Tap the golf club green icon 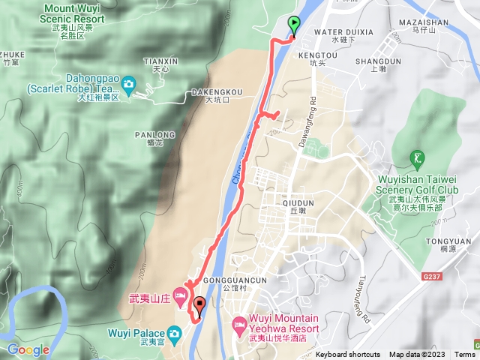coord(418,158)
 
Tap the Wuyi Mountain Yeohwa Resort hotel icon coord(238,325)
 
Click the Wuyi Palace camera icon coord(175,332)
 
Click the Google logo coord(28,349)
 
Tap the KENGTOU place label coord(313,55)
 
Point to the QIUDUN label coord(298,202)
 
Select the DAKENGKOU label coord(217,92)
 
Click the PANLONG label coord(154,135)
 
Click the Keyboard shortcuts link coord(348,355)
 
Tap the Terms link coord(464,355)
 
